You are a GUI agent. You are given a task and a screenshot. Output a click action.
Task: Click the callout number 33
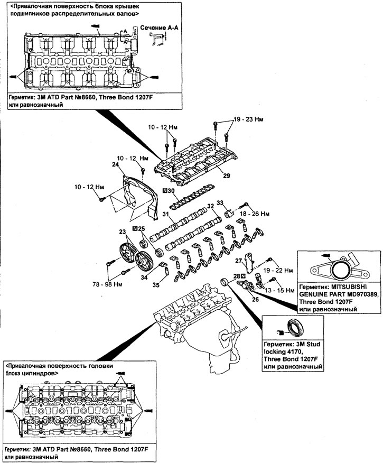coord(220,202)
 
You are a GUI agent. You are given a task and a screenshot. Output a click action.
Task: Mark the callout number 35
coord(155,285)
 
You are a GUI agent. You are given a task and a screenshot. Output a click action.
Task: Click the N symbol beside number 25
coord(135,228)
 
